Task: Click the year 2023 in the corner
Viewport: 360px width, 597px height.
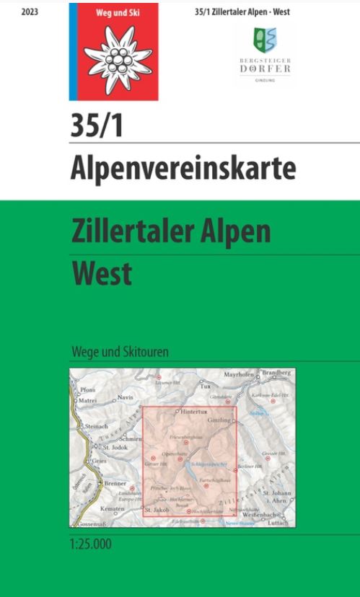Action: coord(30,12)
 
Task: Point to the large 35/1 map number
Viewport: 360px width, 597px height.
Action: coord(97,126)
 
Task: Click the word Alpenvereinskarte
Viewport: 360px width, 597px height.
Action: coord(183,168)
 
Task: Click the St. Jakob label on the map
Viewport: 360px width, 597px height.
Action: coord(157,510)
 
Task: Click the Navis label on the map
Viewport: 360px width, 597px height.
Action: coord(126,397)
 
